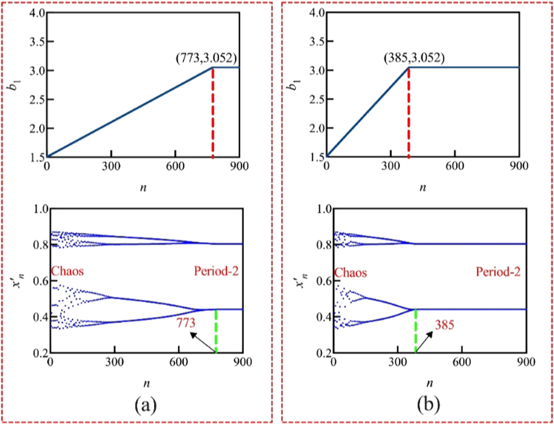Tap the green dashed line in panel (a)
216,331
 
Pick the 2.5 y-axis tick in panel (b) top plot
315,100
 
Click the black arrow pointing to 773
203,342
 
